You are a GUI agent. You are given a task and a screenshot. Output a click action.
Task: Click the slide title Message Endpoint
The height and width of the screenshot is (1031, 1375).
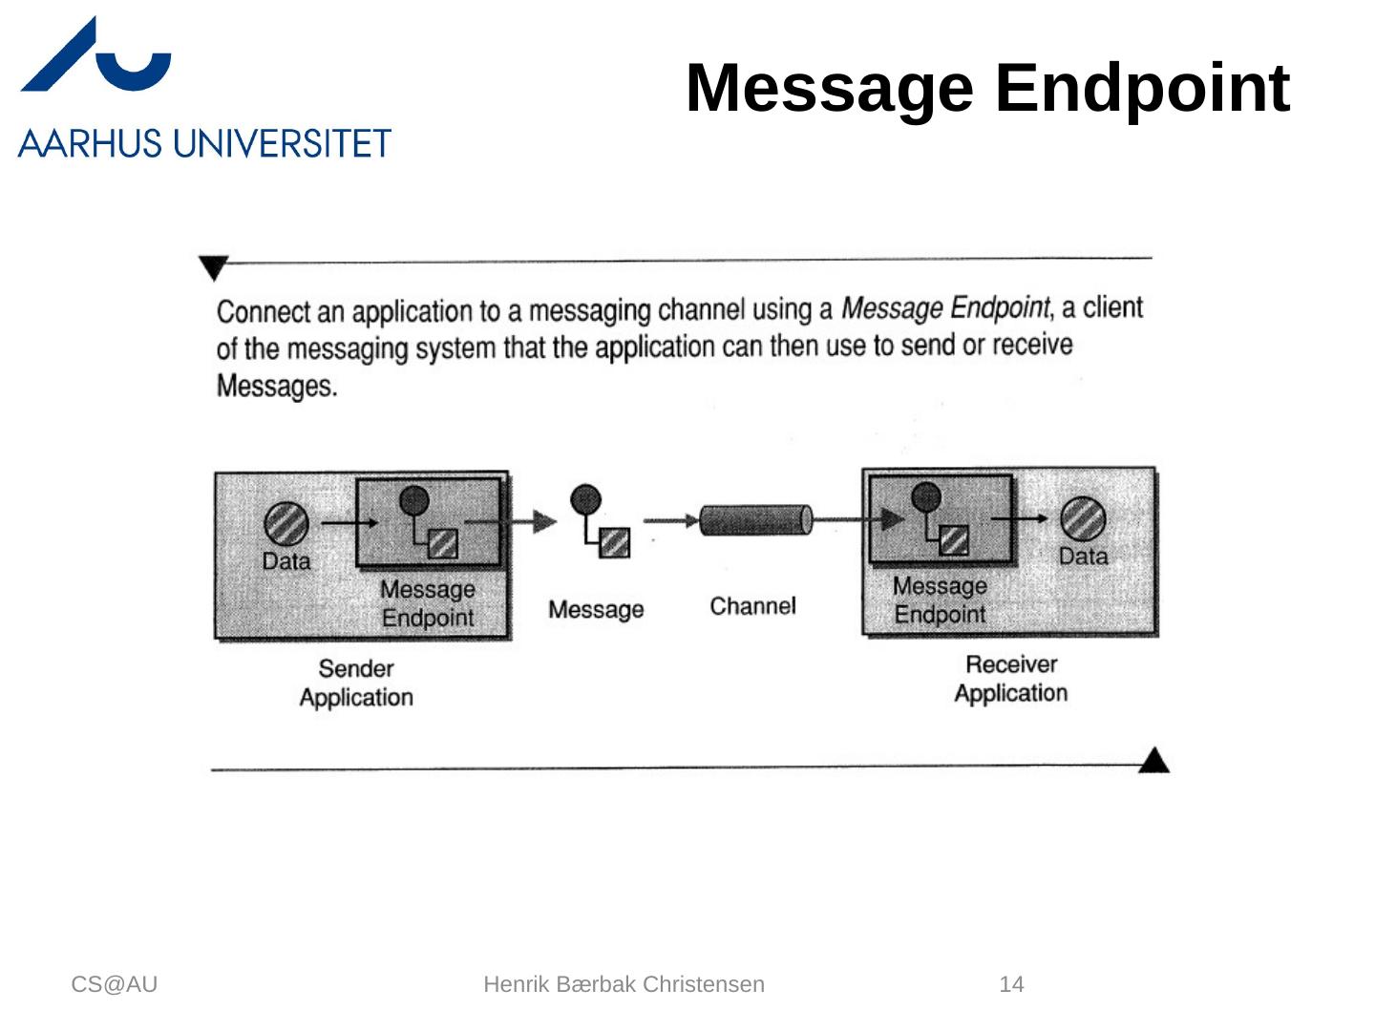click(987, 88)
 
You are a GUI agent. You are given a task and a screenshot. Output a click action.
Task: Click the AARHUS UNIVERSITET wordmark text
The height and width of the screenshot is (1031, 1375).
click(204, 144)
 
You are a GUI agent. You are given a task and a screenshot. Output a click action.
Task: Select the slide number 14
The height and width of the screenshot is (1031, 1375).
click(1011, 984)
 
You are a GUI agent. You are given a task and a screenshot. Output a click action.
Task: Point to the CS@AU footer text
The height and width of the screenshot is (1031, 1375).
click(115, 984)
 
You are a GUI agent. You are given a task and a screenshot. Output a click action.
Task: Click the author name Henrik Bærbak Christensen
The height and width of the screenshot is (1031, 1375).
click(624, 984)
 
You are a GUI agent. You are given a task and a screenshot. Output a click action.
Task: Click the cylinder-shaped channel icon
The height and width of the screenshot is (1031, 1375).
click(755, 520)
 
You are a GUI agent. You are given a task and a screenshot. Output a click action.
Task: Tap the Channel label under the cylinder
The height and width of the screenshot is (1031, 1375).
click(752, 606)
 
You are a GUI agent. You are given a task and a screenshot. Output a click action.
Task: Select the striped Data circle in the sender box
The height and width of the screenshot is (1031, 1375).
click(286, 523)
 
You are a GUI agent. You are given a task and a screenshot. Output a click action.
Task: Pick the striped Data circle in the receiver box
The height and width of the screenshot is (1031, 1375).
click(1083, 519)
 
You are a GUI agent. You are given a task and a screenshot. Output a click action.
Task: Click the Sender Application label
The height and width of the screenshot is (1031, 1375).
click(356, 683)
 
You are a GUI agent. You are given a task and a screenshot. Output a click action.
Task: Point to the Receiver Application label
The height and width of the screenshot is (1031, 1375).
click(1011, 679)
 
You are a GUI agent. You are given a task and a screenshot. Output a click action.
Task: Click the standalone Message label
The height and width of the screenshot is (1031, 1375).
click(596, 609)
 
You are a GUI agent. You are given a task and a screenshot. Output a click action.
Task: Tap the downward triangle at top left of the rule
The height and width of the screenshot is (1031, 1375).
click(213, 267)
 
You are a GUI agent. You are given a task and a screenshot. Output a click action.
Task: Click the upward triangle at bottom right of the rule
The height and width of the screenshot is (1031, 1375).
click(1154, 761)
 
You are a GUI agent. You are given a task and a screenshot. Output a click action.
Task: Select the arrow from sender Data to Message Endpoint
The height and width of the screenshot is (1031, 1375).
click(349, 522)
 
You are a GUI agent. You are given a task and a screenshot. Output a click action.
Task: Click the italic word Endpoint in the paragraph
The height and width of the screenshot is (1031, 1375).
click(1001, 307)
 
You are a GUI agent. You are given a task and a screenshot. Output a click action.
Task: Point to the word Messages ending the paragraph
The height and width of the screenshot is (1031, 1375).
click(277, 387)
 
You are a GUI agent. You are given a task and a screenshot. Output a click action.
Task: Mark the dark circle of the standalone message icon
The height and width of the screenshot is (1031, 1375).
click(585, 498)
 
